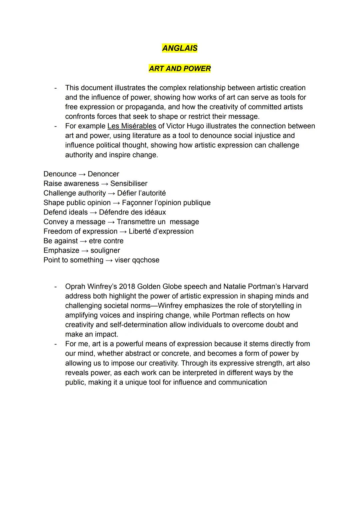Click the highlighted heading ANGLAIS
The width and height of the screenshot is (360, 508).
coord(180,48)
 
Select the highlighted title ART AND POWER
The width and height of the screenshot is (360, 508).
coord(180,69)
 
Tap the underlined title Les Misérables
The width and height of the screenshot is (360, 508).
coord(132,126)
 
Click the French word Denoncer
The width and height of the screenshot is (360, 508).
coord(103,174)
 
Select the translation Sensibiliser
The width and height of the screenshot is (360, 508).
coord(129,184)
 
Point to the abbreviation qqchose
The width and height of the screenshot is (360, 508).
coord(146,260)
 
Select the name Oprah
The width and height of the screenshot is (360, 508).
coord(75,287)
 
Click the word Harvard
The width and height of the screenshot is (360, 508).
coord(295,287)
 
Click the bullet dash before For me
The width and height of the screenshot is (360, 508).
coord(55,344)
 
